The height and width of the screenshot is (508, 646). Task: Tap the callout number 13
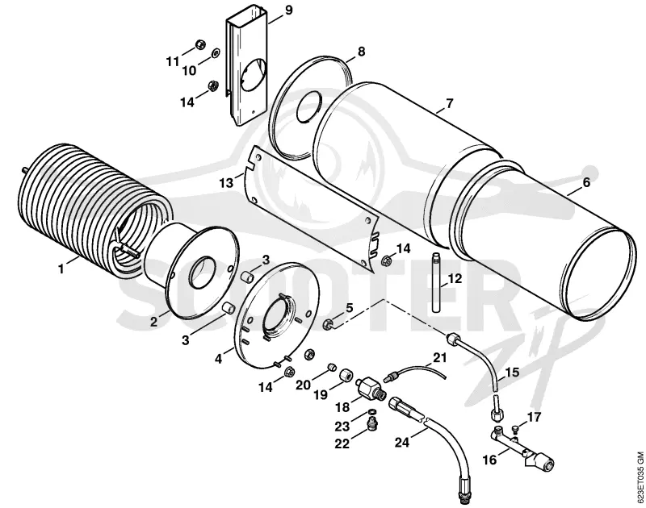click(x=226, y=182)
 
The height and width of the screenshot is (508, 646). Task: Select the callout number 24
click(x=402, y=442)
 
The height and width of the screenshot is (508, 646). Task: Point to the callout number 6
click(x=586, y=181)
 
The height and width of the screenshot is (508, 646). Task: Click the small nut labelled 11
click(x=199, y=44)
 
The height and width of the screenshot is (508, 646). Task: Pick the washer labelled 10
click(x=216, y=53)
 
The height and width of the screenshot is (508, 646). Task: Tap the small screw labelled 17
click(x=515, y=429)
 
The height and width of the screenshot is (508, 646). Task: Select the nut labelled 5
click(x=329, y=324)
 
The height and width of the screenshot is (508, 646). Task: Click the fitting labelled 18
click(x=371, y=388)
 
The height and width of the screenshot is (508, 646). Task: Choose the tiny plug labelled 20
click(x=332, y=367)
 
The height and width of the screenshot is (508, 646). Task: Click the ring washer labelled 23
click(x=371, y=412)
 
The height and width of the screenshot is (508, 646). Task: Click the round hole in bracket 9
click(x=254, y=74)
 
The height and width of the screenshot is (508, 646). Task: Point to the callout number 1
click(x=61, y=269)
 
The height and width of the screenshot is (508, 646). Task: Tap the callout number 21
click(x=439, y=357)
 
